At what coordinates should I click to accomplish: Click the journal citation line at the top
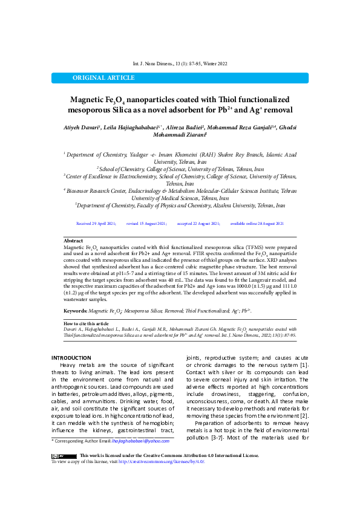click(x=180, y=63)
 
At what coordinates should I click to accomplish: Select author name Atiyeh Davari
click(x=84, y=128)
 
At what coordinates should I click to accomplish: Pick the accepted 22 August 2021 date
click(x=198, y=223)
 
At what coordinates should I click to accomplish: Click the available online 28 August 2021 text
click(x=257, y=223)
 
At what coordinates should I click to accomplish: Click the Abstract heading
click(x=73, y=241)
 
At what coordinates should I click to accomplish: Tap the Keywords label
click(x=76, y=310)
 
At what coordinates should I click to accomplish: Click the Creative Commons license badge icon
click(x=63, y=455)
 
